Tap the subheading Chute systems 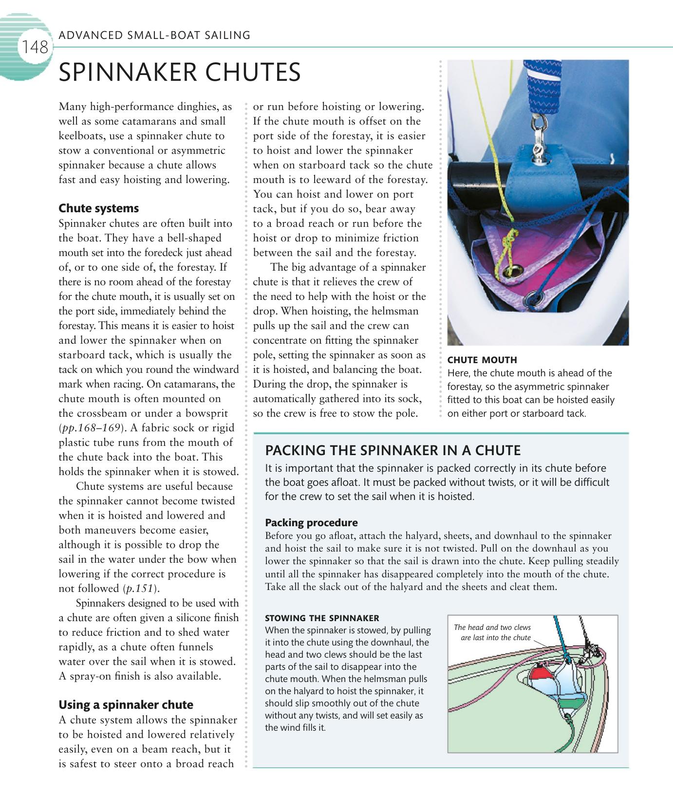[98, 208]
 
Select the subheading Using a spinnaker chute [126, 705]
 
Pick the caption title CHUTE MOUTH [482, 360]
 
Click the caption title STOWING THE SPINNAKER [322, 618]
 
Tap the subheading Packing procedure [311, 523]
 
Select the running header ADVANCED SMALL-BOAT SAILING [154, 35]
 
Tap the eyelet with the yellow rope [517, 269]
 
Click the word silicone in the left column [188, 618]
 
